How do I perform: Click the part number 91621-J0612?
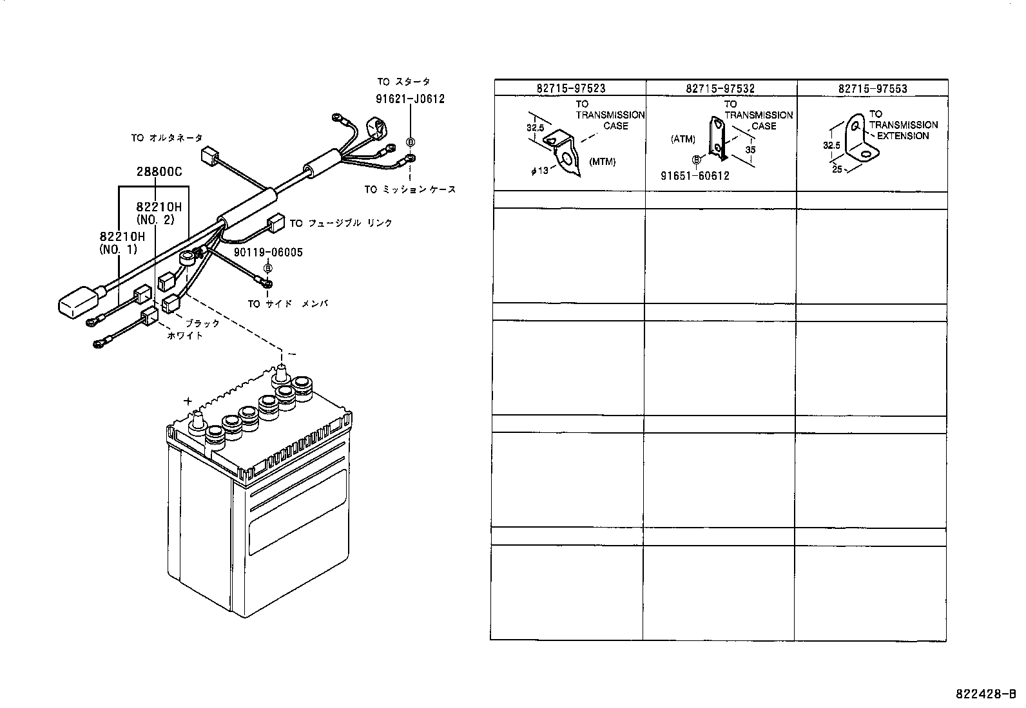(410, 99)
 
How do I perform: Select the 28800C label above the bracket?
(159, 172)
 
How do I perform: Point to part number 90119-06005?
(268, 253)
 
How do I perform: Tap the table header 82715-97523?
(570, 88)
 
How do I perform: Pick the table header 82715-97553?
(873, 88)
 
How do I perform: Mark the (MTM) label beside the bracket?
(602, 162)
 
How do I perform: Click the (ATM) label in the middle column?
(682, 139)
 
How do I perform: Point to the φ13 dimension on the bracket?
(539, 171)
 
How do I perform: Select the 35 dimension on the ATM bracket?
(750, 149)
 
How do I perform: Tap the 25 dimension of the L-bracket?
(837, 169)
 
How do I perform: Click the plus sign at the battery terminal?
(188, 401)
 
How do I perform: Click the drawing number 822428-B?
(985, 694)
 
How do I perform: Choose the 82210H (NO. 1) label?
(122, 243)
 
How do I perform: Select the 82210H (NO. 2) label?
(159, 213)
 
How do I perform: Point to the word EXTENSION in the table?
(903, 136)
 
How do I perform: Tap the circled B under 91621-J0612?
(410, 142)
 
